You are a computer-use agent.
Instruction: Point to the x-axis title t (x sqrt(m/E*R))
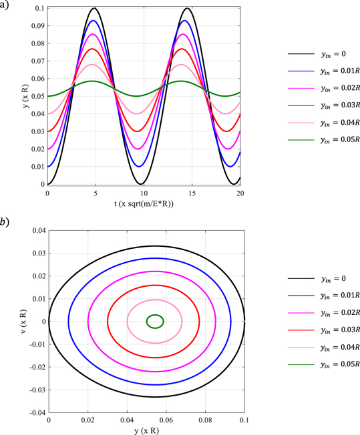(x=143, y=203)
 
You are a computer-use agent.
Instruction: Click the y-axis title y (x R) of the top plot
(x=25, y=95)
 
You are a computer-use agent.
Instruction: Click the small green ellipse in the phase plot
(x=155, y=322)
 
